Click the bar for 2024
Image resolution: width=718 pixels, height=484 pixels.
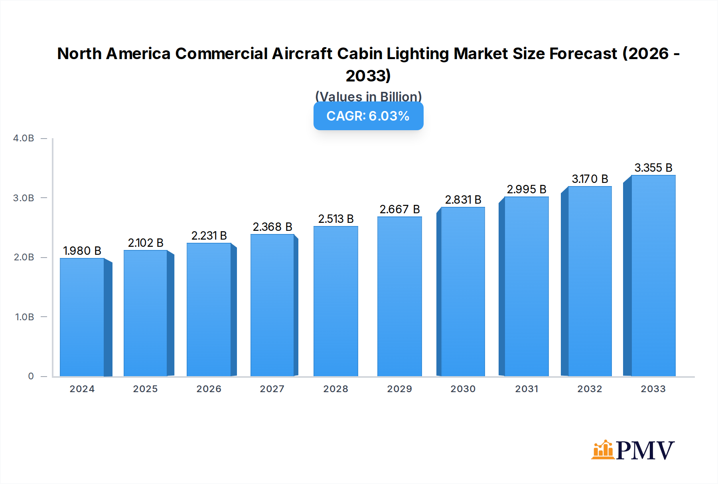coord(82,317)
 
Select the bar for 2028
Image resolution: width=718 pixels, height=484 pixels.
coord(336,301)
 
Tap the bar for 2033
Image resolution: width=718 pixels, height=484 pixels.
coord(653,276)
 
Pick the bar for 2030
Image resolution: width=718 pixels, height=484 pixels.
coord(463,292)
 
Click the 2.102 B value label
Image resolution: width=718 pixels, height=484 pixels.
coord(146,243)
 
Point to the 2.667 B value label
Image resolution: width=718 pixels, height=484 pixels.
coord(400,209)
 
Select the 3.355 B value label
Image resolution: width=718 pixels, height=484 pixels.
coord(653,168)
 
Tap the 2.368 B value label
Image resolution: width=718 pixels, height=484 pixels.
coord(272,227)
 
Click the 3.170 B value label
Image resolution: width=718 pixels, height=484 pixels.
coord(590,179)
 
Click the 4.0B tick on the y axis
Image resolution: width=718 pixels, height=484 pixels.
coord(24,138)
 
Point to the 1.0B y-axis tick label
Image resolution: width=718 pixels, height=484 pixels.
coord(25,317)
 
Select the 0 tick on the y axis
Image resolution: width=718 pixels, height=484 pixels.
coord(31,376)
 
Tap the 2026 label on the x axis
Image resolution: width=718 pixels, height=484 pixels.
coord(209,389)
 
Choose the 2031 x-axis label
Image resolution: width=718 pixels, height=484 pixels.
coord(527,389)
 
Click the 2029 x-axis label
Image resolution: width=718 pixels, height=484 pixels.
coord(399,389)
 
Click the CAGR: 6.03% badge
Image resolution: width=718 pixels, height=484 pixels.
coord(368,116)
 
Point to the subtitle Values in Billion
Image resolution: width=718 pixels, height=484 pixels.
coord(368,96)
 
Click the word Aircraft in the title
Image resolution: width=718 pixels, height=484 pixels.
coord(302,54)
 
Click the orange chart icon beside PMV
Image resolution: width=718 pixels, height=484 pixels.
coord(602,450)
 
